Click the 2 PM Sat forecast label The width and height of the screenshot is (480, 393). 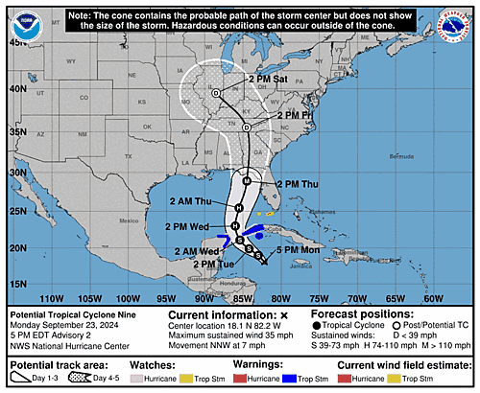[269, 78]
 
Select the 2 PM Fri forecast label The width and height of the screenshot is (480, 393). [296, 115]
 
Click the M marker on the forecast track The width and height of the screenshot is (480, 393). [247, 181]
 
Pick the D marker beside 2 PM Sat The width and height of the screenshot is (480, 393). [216, 93]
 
